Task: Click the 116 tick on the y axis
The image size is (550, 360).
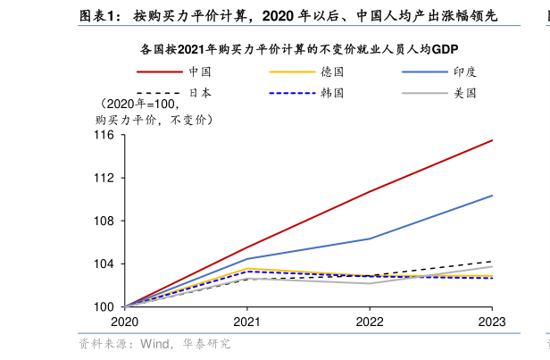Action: [x=104, y=135]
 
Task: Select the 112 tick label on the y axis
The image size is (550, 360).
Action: [x=104, y=178]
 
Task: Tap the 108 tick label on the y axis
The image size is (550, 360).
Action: [x=104, y=221]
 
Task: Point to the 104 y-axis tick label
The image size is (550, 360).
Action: [x=104, y=264]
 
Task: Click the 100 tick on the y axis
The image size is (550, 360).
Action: [x=104, y=306]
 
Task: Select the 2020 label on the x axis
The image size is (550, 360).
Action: [x=124, y=322]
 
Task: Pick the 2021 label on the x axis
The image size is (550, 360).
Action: [x=246, y=322]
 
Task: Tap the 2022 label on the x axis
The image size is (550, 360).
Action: [x=370, y=322]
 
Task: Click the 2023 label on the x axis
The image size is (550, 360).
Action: [x=492, y=322]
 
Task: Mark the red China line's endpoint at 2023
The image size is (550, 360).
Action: [x=492, y=140]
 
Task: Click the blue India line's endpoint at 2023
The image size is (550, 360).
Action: [x=492, y=196]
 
